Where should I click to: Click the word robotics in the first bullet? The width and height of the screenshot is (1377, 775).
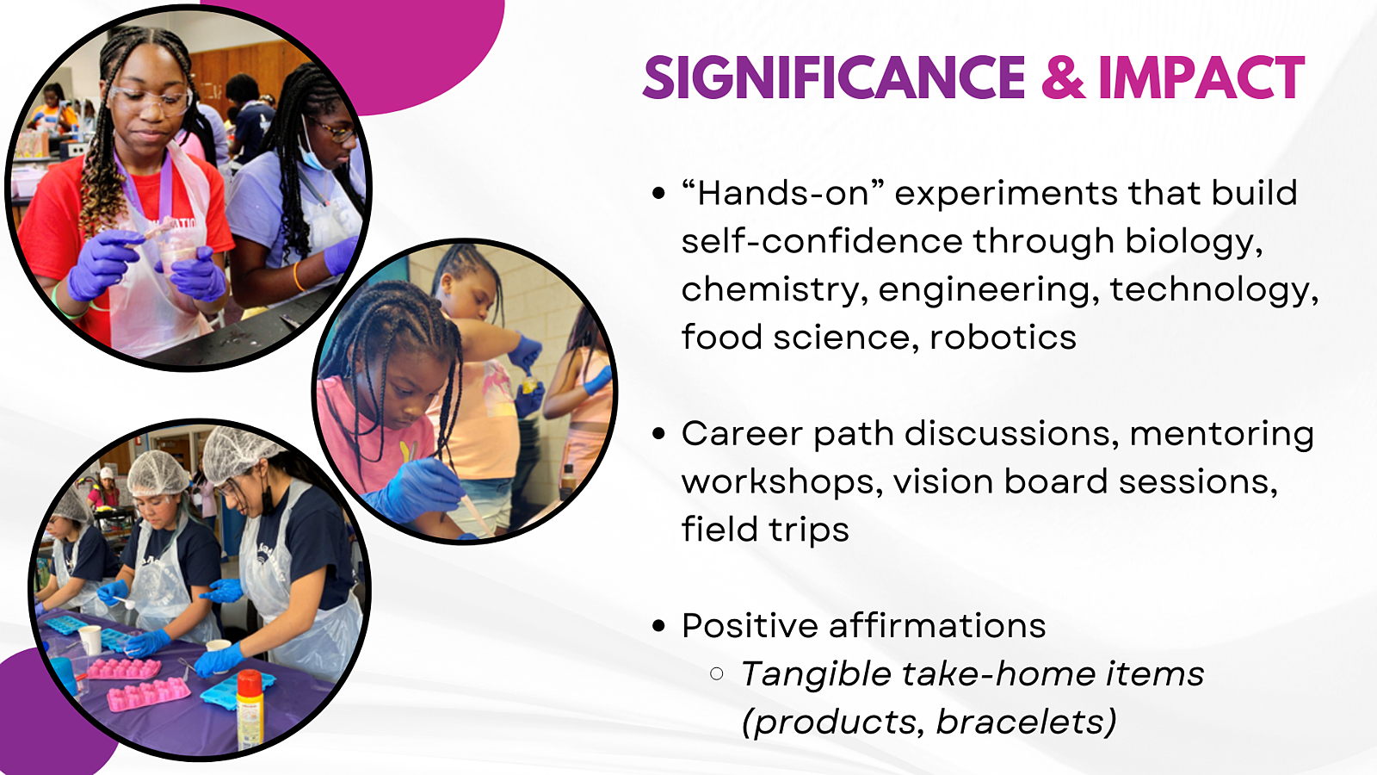coord(1003,337)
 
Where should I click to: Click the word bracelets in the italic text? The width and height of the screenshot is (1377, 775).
coord(1026,721)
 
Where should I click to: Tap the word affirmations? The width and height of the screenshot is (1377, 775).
coord(937,625)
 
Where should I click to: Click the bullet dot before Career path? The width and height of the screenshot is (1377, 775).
coord(658,434)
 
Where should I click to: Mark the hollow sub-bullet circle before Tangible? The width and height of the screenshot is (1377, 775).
coord(716,674)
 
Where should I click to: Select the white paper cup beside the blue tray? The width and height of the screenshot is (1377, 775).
coord(90,640)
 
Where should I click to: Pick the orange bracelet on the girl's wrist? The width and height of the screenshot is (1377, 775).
coord(299,276)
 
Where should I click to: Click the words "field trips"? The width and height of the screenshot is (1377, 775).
coord(765,530)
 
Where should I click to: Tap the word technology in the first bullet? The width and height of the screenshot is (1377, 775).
coord(1214,290)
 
